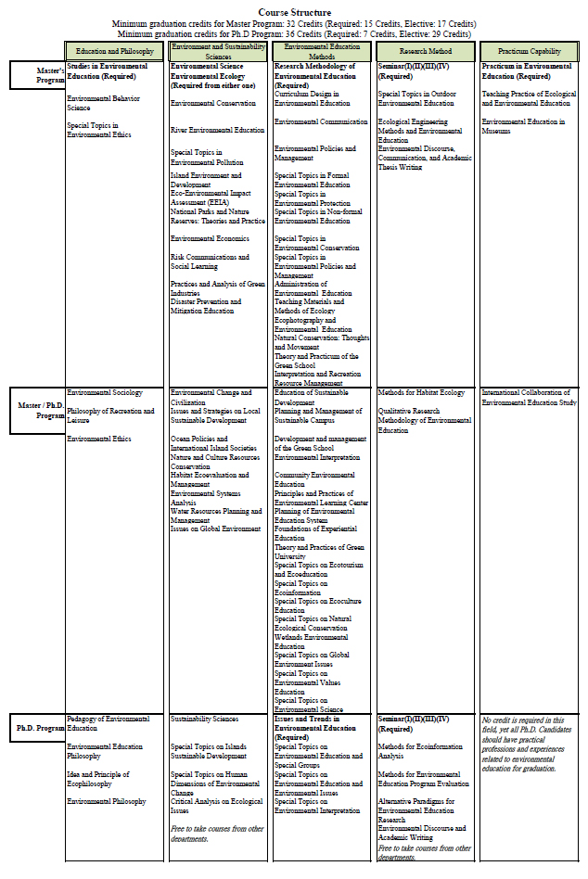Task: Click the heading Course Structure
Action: (293, 12)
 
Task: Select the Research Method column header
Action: (425, 51)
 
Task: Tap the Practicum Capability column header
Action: (529, 51)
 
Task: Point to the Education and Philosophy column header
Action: (114, 51)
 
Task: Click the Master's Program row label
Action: (36, 74)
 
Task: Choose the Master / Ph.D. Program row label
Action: (36, 410)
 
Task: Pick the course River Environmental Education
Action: (217, 130)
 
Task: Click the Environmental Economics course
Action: (210, 238)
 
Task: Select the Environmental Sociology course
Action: (105, 392)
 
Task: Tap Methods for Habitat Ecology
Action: (421, 392)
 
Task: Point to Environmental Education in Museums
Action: (522, 126)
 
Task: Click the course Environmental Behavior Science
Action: (103, 103)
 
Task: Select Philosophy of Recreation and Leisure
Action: (109, 415)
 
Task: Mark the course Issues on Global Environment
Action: (215, 529)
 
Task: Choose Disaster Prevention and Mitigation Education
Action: (205, 306)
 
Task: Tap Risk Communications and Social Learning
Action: (210, 261)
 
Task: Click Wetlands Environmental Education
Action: (313, 642)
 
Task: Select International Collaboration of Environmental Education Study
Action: (529, 397)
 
